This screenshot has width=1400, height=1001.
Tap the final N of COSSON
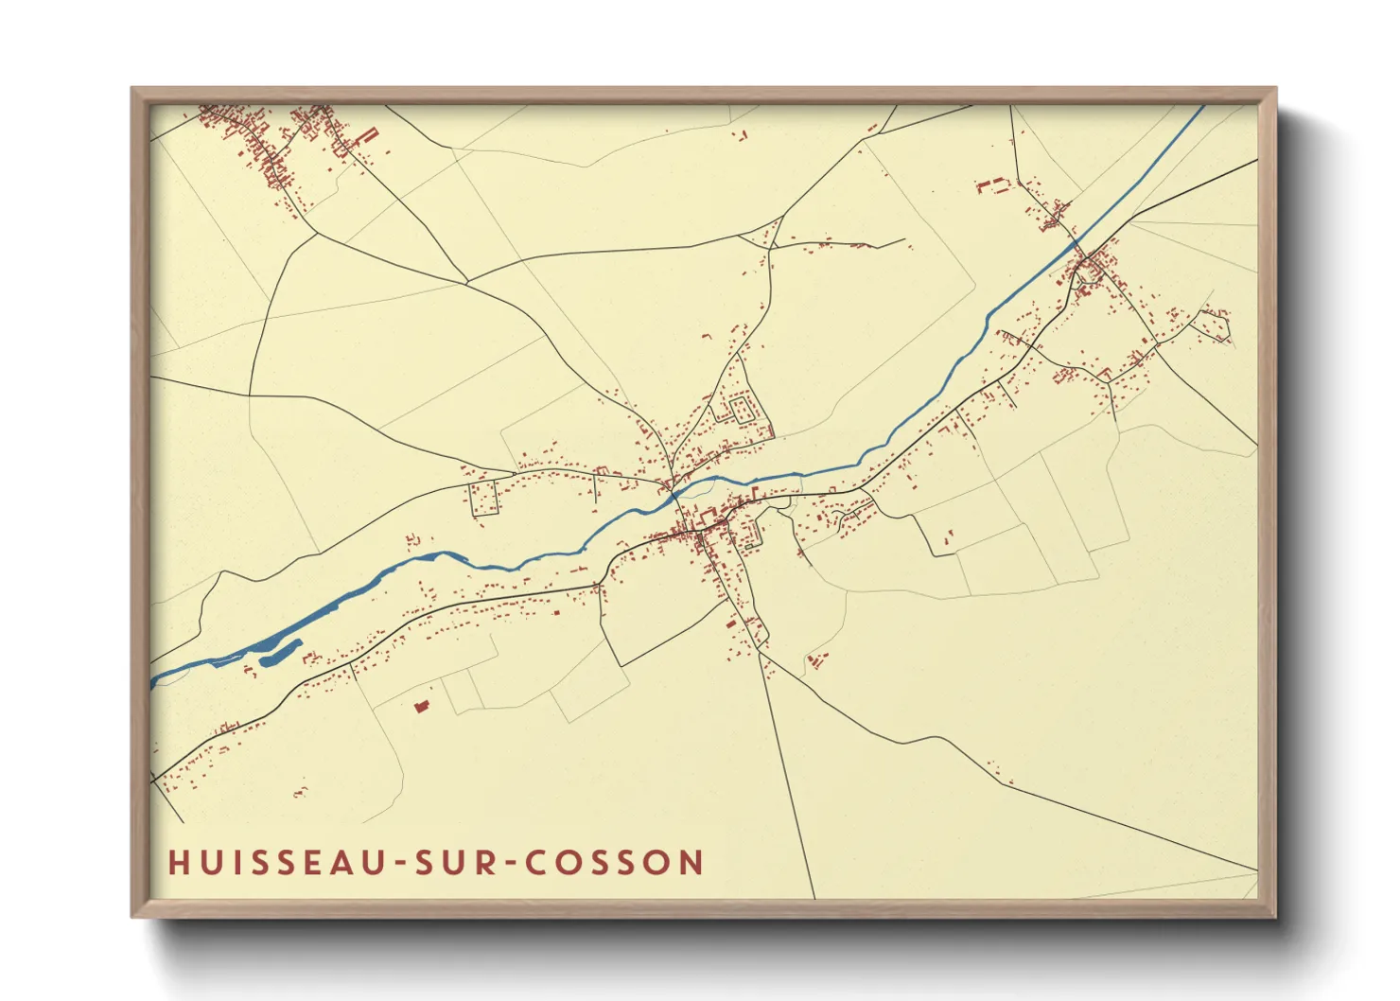tap(692, 863)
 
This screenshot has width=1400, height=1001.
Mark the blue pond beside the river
tap(280, 652)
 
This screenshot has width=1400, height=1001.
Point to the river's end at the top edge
tap(1202, 107)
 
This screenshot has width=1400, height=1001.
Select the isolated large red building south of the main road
tap(422, 706)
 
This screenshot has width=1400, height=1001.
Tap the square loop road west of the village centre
tap(483, 498)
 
